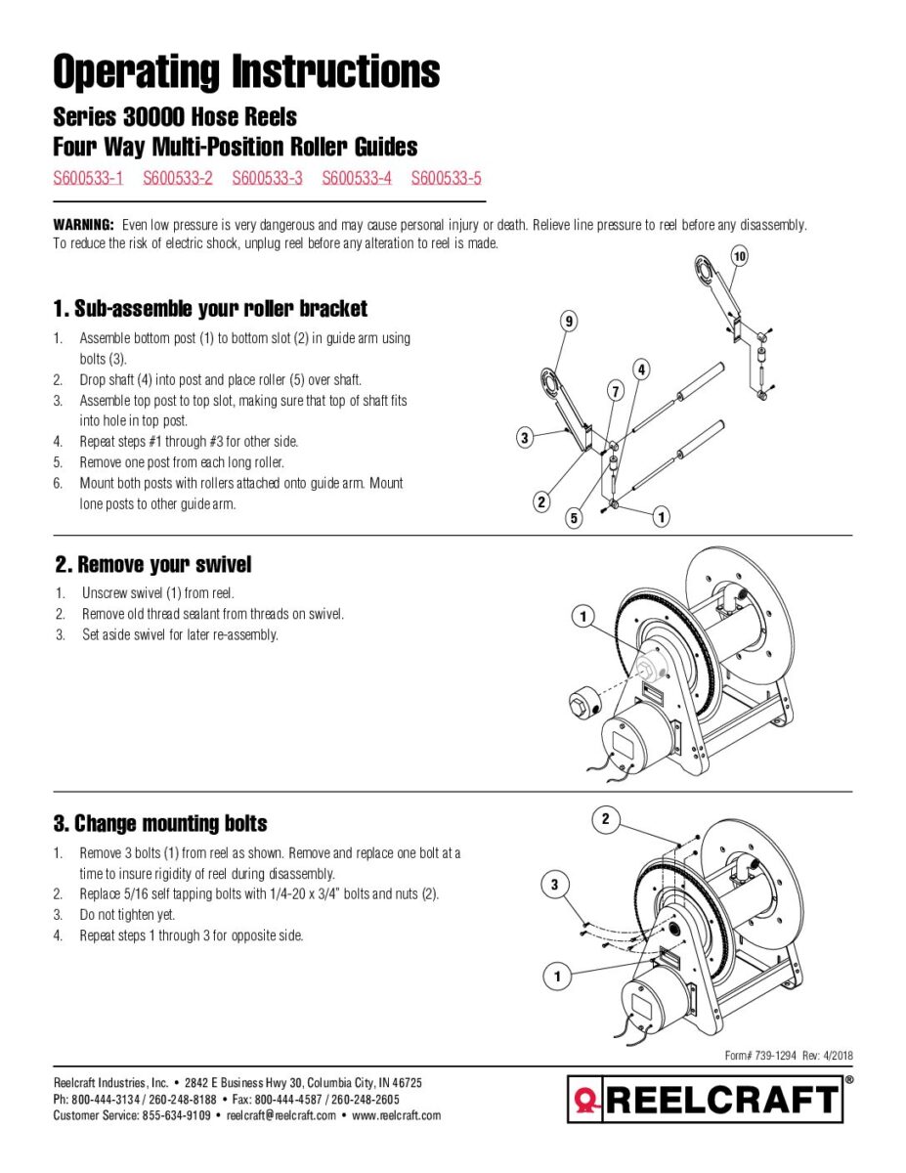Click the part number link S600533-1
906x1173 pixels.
[x=88, y=178]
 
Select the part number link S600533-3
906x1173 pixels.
[x=267, y=178]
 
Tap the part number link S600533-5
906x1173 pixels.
[x=447, y=178]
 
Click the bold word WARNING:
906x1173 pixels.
[x=84, y=225]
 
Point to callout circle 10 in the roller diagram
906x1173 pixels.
[x=739, y=256]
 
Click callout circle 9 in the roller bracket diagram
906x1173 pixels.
[x=569, y=322]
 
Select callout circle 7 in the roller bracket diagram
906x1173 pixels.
[x=616, y=391]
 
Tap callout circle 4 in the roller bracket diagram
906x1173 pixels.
[x=641, y=370]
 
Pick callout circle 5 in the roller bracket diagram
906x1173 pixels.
[x=574, y=519]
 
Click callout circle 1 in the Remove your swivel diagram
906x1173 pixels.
[x=582, y=617]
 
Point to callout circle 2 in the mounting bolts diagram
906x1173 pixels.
[x=605, y=819]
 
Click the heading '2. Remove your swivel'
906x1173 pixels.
[x=153, y=565]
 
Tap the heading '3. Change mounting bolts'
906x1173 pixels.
[x=160, y=824]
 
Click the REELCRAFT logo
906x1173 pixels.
[x=705, y=1100]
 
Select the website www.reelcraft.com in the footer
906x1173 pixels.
[x=396, y=1115]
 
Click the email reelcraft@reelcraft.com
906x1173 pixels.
[x=281, y=1115]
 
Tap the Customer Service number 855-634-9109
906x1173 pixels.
[x=177, y=1115]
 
